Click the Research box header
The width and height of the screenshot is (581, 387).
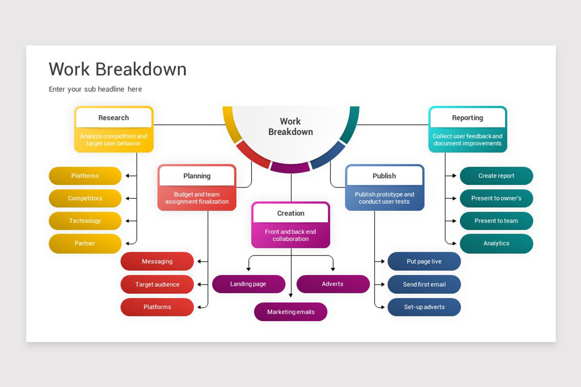tap(114, 118)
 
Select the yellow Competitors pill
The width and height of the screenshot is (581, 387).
tap(85, 198)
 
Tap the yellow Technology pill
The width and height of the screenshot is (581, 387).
tap(85, 221)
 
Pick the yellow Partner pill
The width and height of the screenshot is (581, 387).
tap(85, 243)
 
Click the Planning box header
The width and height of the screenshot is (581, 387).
tap(197, 176)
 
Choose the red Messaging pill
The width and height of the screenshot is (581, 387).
tap(157, 262)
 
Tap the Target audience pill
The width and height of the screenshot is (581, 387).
tap(157, 284)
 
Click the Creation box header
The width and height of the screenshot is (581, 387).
tap(290, 213)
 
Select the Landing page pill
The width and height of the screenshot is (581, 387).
tap(248, 284)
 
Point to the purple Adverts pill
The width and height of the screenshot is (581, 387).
tap(333, 284)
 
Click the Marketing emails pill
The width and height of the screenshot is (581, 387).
tap(290, 312)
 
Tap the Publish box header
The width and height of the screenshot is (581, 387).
tap(384, 176)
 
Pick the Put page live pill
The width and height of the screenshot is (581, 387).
tap(424, 262)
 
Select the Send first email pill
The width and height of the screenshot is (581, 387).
tap(424, 284)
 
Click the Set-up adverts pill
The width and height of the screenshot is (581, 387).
tap(424, 307)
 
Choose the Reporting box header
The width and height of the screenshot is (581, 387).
tap(468, 118)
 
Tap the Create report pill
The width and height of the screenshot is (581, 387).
tap(496, 176)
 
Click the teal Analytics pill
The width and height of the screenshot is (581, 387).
tap(496, 244)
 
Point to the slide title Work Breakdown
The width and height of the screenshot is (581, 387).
tap(118, 69)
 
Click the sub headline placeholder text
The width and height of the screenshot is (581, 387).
tap(95, 89)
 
